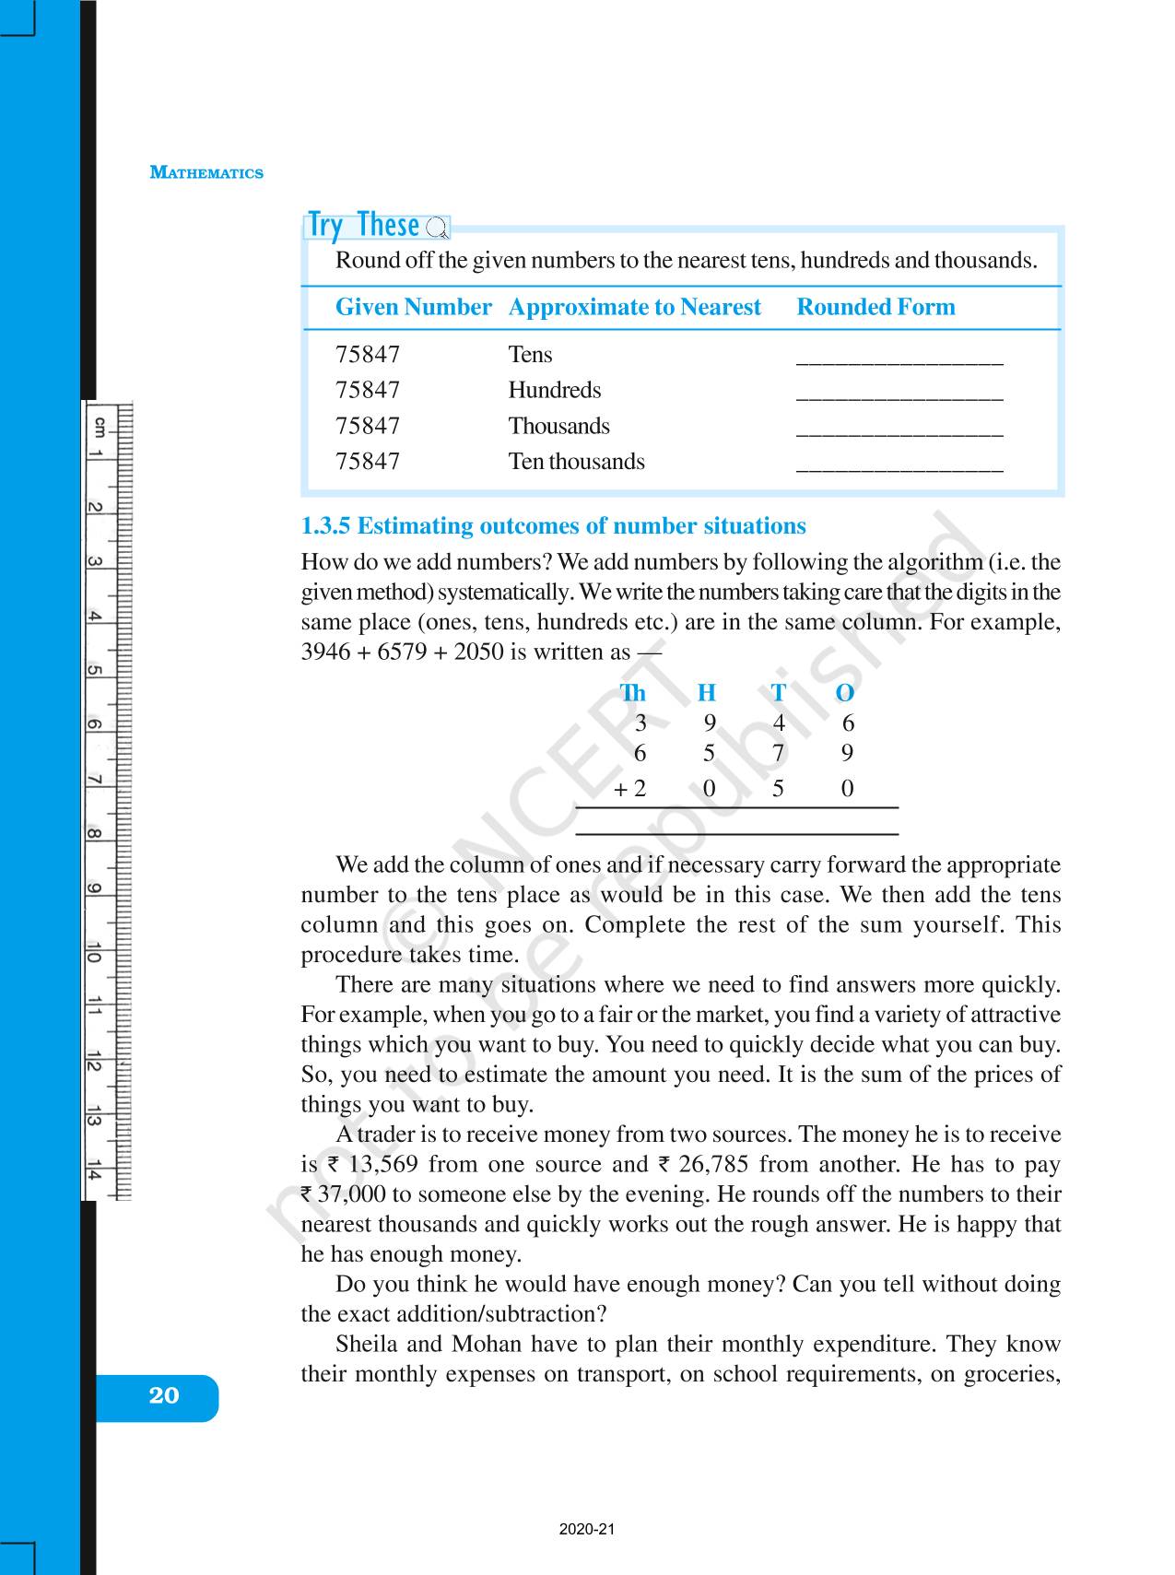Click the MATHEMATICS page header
click(206, 172)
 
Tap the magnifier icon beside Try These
click(438, 228)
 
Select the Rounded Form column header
click(875, 307)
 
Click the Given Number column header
click(413, 307)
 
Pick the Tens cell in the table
click(530, 355)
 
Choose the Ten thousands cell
click(576, 462)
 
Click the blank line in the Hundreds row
click(899, 394)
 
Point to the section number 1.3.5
click(326, 526)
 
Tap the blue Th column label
click(633, 693)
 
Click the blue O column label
click(844, 693)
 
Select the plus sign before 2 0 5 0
click(620, 790)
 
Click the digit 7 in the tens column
click(779, 754)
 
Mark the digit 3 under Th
click(640, 723)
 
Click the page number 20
click(163, 1395)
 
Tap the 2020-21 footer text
click(586, 1530)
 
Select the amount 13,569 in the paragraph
click(383, 1165)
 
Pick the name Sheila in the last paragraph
click(366, 1345)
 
